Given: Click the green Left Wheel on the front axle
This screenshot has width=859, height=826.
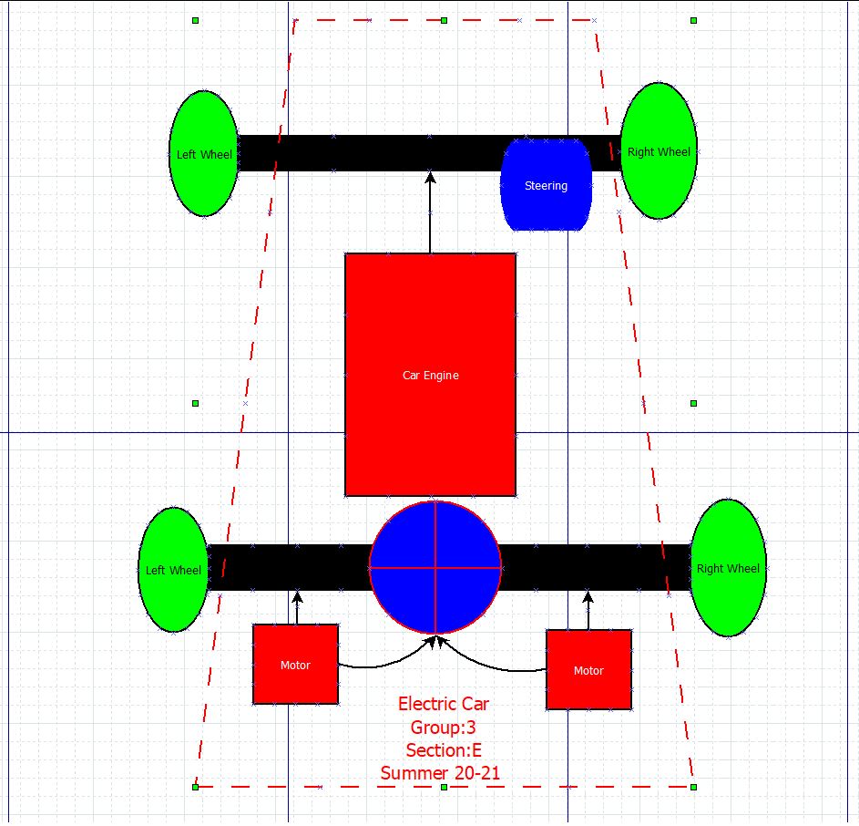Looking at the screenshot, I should coord(203,154).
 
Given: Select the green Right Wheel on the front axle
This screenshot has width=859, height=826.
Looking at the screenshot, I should coord(659,151).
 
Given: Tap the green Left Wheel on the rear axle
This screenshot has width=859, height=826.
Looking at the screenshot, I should coord(173,570).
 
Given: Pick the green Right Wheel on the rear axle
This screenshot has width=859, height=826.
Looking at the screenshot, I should coord(728,568).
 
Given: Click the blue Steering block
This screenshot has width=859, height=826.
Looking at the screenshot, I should coord(546,185).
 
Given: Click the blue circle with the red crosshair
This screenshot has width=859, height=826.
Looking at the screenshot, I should coord(435,567).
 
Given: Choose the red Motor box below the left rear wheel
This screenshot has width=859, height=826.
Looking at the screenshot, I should coord(295,665).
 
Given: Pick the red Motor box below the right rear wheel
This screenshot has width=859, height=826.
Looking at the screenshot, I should coord(588,670).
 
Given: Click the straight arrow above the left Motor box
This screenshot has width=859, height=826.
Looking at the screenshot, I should coord(297,607).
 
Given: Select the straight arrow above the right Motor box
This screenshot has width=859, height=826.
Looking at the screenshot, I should coord(588,610).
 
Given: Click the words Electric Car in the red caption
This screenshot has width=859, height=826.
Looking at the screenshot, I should coord(443,704).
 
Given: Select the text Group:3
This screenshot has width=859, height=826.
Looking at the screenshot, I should coord(443,728).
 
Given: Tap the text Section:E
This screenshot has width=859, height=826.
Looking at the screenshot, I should coord(444,750).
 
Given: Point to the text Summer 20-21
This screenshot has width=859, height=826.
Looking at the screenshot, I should coord(440,773).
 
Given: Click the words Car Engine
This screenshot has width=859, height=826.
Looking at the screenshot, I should coord(430,375).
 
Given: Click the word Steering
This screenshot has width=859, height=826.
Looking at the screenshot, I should coord(546,185).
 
